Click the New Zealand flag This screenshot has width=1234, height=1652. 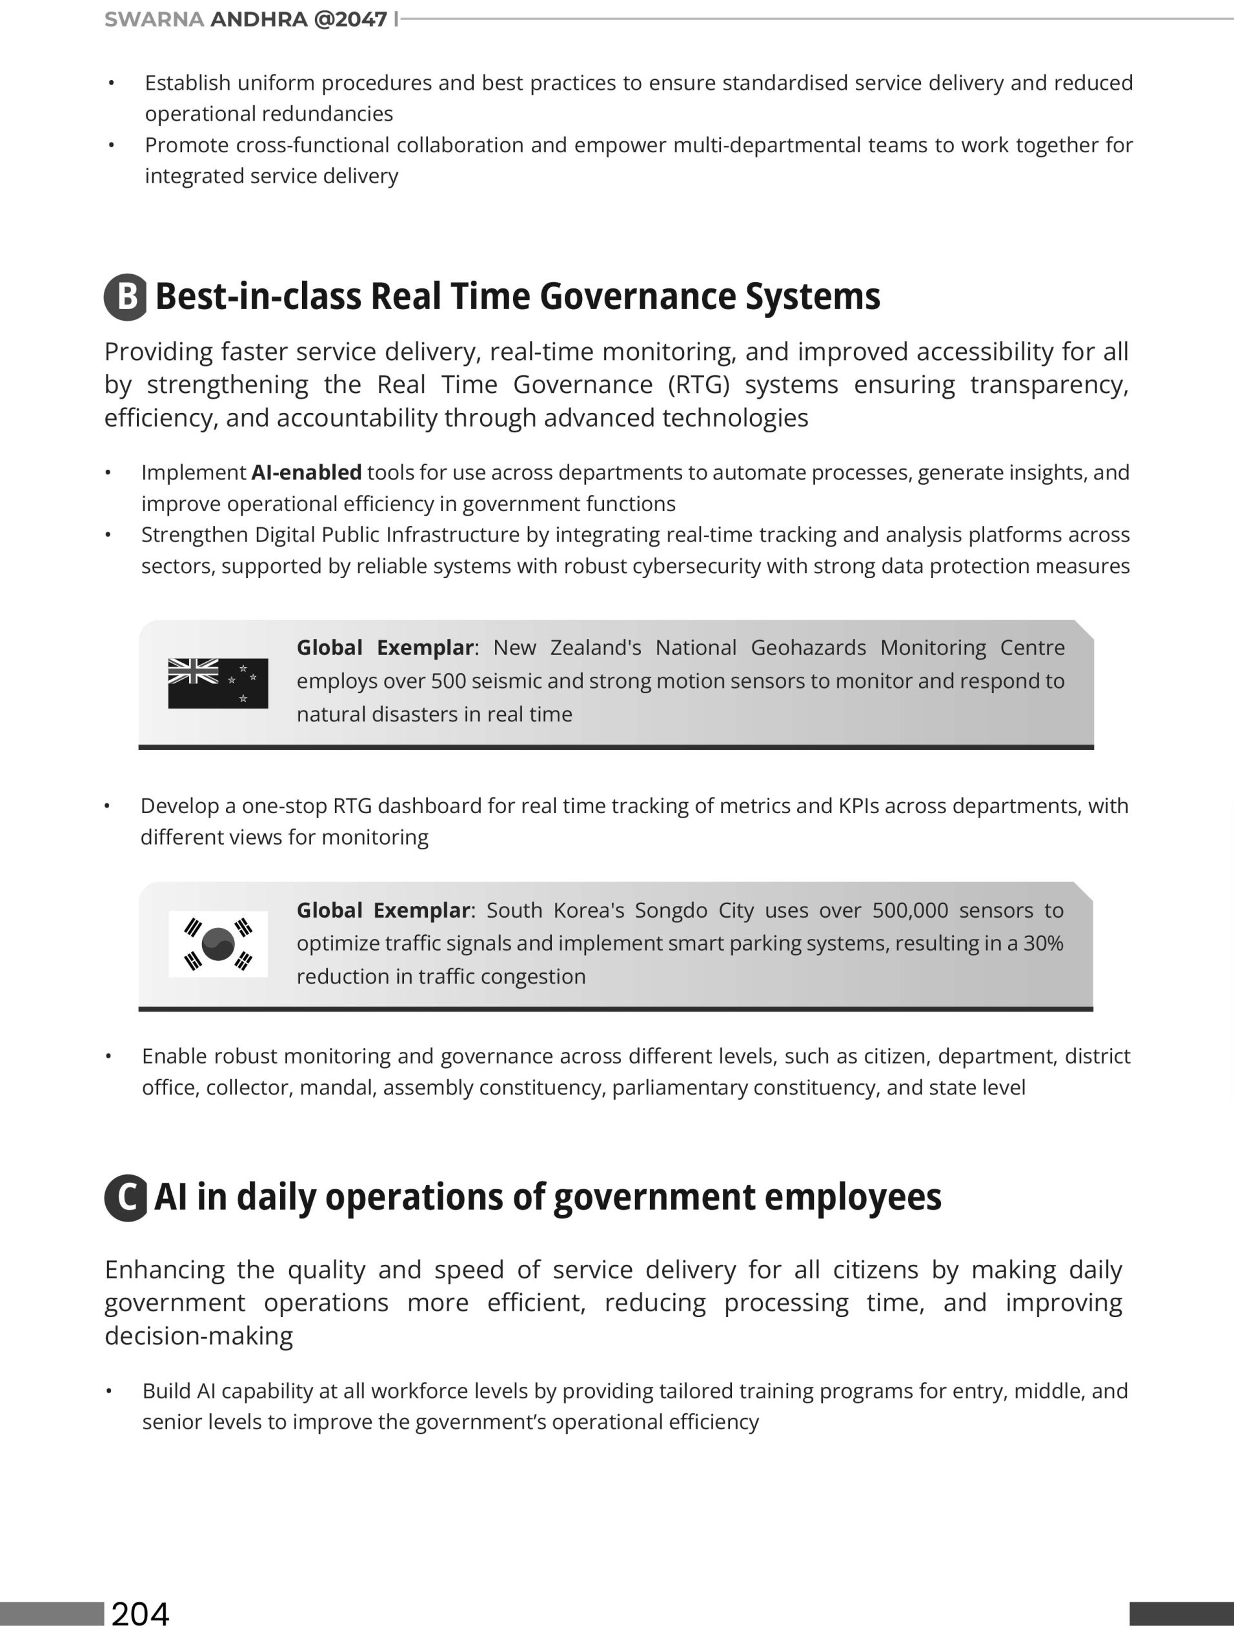[217, 683]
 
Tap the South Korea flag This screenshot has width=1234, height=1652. [217, 943]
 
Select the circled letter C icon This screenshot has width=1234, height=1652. [126, 1197]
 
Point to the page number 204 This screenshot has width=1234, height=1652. [141, 1613]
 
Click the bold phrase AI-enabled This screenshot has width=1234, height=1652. [307, 473]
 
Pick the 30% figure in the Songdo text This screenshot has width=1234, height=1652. [1043, 943]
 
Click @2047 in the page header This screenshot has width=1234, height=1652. [350, 19]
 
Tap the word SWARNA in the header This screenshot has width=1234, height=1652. [154, 19]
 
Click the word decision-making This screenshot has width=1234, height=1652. [199, 1335]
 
